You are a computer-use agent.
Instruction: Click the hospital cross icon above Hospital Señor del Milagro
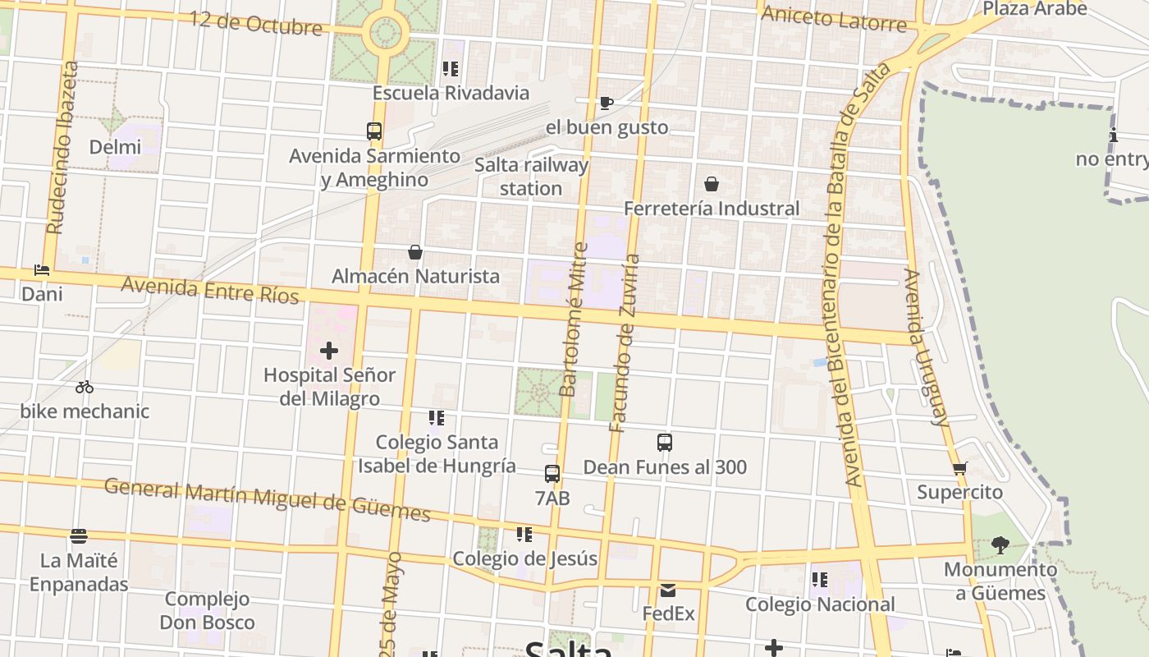(x=329, y=351)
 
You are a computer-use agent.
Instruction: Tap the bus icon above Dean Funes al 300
(x=665, y=443)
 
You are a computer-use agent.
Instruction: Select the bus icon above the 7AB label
(x=552, y=474)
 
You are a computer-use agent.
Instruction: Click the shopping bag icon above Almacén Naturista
(x=415, y=252)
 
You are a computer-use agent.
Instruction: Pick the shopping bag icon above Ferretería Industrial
(x=712, y=184)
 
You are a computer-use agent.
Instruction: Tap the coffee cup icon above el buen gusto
(x=607, y=103)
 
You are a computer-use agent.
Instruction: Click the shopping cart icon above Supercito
(x=959, y=469)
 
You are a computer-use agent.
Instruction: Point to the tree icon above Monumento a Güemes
(x=1000, y=544)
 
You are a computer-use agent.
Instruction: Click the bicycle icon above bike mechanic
(x=85, y=387)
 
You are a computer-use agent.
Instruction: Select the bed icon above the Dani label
(x=42, y=269)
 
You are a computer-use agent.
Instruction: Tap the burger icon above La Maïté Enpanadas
(x=79, y=536)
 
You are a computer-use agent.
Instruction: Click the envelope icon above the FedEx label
(x=668, y=590)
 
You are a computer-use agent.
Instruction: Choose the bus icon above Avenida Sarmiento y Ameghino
(x=374, y=131)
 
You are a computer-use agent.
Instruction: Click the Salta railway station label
(x=532, y=177)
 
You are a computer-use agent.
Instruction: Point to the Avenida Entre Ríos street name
(x=210, y=289)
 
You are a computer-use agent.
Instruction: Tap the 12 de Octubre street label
(x=255, y=23)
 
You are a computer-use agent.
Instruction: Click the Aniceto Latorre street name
(x=834, y=18)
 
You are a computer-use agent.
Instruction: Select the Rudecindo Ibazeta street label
(x=62, y=148)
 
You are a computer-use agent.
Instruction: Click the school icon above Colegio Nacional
(x=819, y=580)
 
